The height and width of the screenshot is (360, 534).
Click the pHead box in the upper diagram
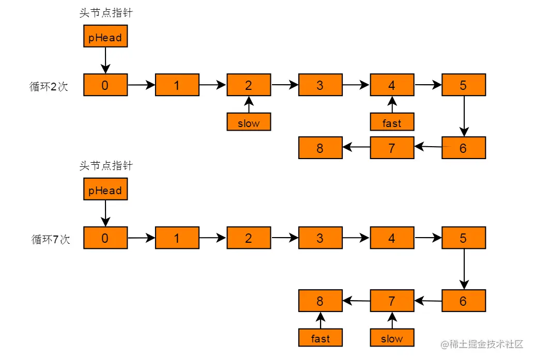point(105,36)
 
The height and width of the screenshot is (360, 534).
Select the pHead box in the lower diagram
point(105,189)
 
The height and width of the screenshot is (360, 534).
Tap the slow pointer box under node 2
point(249,122)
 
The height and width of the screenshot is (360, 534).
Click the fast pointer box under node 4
point(392,122)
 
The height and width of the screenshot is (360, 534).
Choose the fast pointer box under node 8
point(321,338)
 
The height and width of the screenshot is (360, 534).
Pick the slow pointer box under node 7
point(392,338)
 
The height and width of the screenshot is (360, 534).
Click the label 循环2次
point(49,86)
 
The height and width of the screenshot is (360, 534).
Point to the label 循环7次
point(51,239)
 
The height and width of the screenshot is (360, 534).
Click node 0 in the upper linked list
point(105,85)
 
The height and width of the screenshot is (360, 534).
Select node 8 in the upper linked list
point(321,148)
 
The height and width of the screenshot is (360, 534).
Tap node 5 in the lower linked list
point(464,238)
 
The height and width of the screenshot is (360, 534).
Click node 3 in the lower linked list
point(321,238)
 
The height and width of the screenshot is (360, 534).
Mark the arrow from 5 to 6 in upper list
point(464,116)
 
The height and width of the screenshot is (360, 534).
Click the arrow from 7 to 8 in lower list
point(356,301)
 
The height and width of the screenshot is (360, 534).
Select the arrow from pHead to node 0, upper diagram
point(105,60)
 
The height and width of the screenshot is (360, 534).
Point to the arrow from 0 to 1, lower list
point(141,238)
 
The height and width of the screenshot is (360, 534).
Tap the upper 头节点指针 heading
point(106,13)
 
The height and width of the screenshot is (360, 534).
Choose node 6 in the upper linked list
point(464,148)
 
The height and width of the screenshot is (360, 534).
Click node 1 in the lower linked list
point(177,238)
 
